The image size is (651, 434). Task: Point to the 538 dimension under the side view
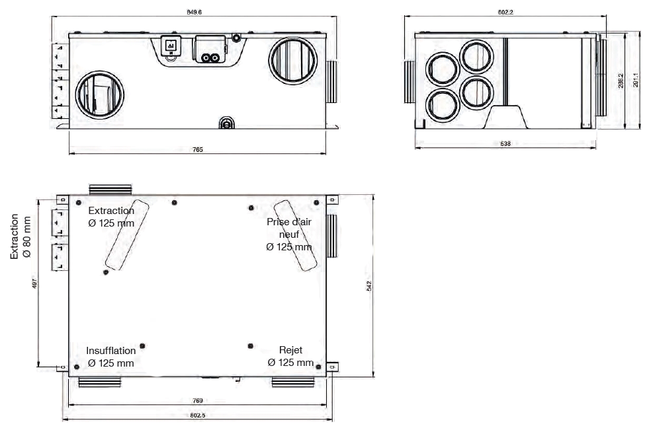click(x=505, y=143)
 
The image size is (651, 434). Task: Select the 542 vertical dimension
click(x=370, y=285)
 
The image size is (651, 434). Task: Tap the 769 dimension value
click(x=198, y=400)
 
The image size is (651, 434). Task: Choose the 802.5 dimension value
click(x=198, y=416)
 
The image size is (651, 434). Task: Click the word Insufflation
click(x=111, y=351)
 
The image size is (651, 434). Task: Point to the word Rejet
click(x=290, y=351)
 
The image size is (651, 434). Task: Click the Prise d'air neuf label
click(x=289, y=234)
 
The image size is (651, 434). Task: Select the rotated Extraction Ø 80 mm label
click(x=21, y=236)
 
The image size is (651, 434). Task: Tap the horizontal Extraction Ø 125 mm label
click(x=111, y=217)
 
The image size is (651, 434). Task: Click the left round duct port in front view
click(x=98, y=94)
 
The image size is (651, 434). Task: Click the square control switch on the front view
click(x=171, y=46)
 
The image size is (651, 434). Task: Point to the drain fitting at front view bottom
click(x=226, y=122)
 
